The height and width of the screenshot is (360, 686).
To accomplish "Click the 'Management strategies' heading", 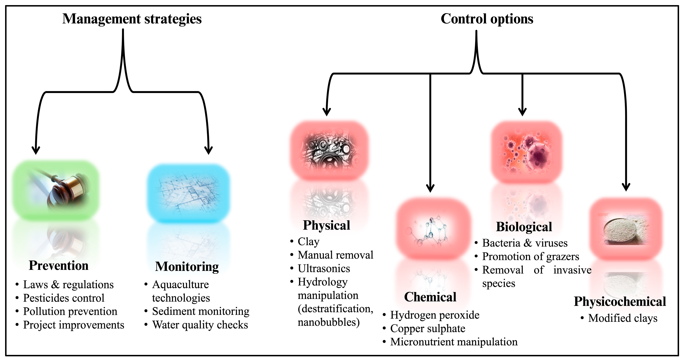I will [x=132, y=19].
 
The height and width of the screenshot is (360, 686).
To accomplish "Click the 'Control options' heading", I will [x=487, y=19].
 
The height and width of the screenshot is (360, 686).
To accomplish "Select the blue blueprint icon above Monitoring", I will [x=189, y=193].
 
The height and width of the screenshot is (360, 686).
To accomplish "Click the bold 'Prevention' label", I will [x=59, y=266].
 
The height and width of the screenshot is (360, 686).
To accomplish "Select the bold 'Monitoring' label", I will [x=187, y=267].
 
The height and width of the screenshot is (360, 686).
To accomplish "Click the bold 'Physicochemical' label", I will [x=620, y=301].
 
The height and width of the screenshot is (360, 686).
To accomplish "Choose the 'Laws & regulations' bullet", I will [x=68, y=285].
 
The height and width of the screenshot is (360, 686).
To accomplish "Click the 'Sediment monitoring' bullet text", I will [x=200, y=311].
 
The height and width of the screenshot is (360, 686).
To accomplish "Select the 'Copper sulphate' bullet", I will [x=428, y=328].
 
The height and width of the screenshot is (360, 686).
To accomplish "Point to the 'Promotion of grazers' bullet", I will [x=530, y=256].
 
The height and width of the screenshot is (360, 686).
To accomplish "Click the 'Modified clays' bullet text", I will [x=623, y=318].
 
